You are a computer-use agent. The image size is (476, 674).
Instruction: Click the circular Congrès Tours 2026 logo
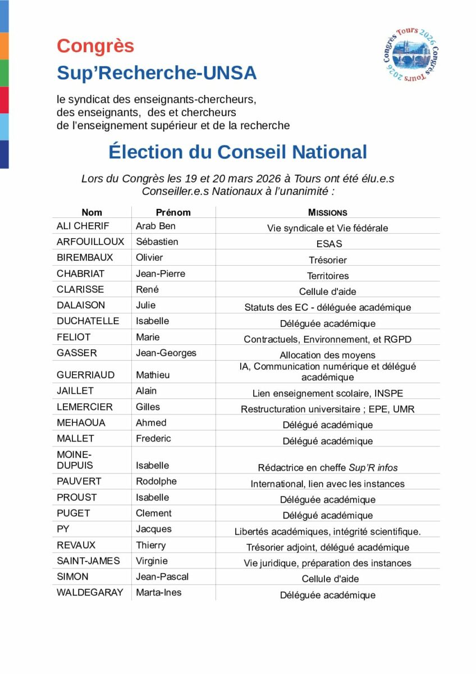pyautogui.click(x=410, y=54)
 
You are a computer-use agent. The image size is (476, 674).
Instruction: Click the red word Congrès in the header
pyautogui.click(x=95, y=46)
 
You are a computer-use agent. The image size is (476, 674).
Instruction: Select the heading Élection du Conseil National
pyautogui.click(x=237, y=152)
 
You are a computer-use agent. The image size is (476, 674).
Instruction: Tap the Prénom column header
pyautogui.click(x=173, y=212)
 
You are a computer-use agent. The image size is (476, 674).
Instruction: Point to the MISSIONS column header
pyautogui.click(x=327, y=213)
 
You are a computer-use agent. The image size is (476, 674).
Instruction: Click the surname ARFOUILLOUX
pyautogui.click(x=90, y=242)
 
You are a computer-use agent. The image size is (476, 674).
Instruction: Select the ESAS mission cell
pyautogui.click(x=328, y=244)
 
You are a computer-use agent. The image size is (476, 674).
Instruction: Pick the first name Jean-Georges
pyautogui.click(x=166, y=353)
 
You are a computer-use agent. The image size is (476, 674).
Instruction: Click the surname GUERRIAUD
pyautogui.click(x=85, y=375)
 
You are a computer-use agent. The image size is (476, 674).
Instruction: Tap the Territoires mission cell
pyautogui.click(x=328, y=276)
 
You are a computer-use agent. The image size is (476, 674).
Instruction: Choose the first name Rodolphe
pyautogui.click(x=156, y=481)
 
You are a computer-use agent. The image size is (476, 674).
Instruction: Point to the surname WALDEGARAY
pyautogui.click(x=90, y=592)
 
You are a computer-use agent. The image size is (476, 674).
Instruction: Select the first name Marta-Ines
pyautogui.click(x=159, y=592)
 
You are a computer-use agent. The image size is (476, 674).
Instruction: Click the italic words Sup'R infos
pyautogui.click(x=373, y=468)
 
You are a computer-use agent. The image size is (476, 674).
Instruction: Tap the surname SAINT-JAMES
pyautogui.click(x=88, y=561)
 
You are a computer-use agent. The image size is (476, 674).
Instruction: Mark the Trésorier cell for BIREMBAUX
pyautogui.click(x=328, y=260)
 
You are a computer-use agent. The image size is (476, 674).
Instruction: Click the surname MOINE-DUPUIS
pyautogui.click(x=75, y=460)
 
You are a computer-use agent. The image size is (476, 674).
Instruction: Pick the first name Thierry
pyautogui.click(x=151, y=545)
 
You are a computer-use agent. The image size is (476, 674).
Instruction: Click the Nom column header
pyautogui.click(x=92, y=212)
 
